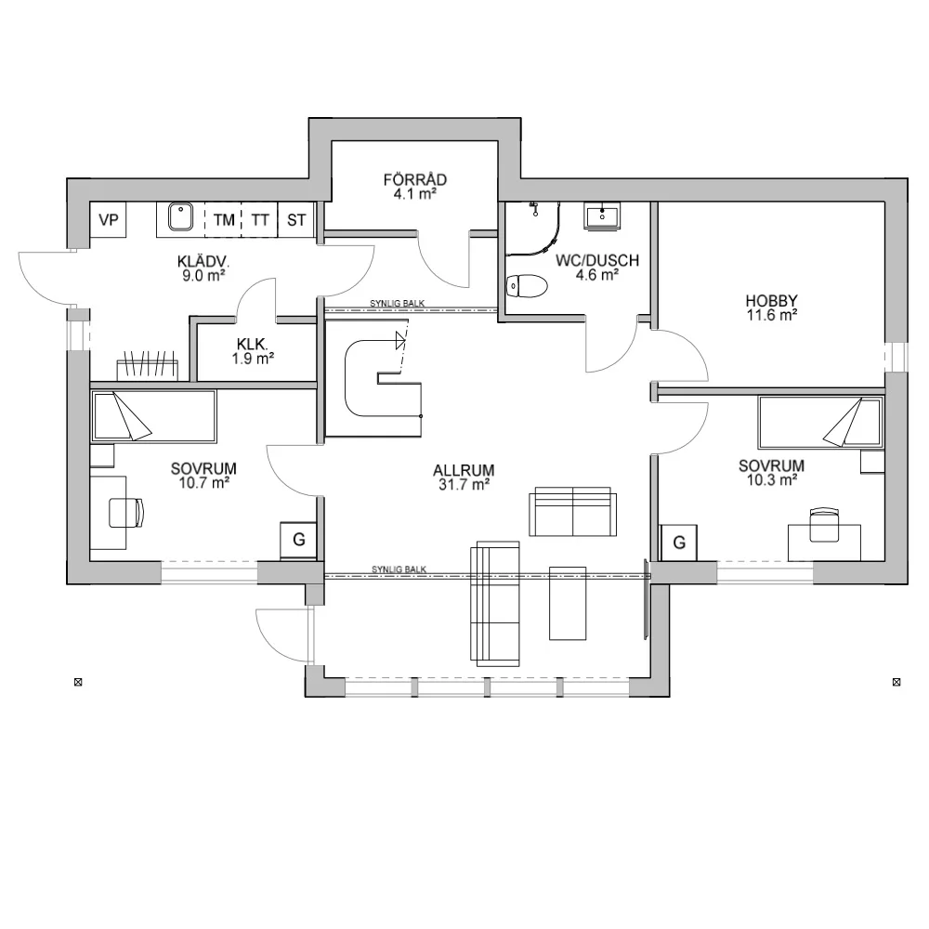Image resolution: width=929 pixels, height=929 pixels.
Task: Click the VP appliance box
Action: point(108,220)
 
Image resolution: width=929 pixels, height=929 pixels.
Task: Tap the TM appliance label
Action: point(224,220)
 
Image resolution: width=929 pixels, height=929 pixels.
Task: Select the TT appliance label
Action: point(260,220)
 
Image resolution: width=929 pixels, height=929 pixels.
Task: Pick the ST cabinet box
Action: point(296,220)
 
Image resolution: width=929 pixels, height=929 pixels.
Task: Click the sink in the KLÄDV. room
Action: point(180,216)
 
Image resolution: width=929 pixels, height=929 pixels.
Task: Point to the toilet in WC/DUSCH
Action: point(527,285)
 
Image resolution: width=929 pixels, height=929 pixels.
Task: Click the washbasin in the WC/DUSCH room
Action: point(603,216)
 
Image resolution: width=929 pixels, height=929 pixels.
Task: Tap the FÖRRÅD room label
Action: point(414,179)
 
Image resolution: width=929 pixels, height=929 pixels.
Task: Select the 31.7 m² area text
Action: point(464,485)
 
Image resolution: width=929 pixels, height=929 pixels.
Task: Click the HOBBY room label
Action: point(771,300)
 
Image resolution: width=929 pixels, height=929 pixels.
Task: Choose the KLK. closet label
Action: point(253,345)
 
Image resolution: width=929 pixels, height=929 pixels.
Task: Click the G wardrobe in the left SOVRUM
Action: point(298,540)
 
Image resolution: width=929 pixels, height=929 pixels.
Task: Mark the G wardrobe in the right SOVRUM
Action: point(679,543)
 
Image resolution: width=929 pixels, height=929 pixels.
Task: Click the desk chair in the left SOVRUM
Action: point(126,513)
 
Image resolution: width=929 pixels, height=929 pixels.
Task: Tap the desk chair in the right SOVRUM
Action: point(824,525)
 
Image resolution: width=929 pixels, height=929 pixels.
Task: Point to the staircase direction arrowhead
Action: point(400,340)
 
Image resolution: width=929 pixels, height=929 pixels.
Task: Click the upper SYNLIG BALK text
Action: point(398,304)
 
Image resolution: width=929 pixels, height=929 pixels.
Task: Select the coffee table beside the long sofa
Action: point(568,604)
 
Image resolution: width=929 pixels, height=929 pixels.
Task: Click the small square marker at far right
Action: point(896,683)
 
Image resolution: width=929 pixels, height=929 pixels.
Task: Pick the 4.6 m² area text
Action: point(597,275)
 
